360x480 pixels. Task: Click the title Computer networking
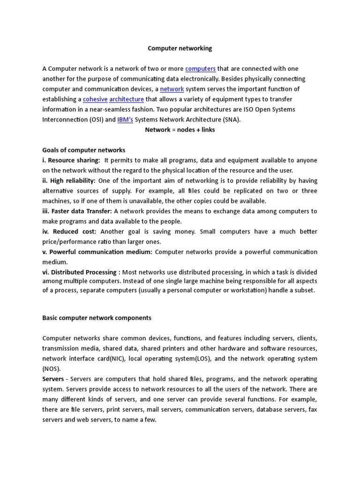(x=180, y=48)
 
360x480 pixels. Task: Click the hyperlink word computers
(x=200, y=69)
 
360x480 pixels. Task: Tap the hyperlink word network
(x=172, y=89)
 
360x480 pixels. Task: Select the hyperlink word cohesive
(x=95, y=99)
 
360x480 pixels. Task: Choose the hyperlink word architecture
(x=127, y=99)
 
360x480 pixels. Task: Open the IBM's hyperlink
(x=125, y=120)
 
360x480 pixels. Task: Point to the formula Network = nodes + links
(x=180, y=130)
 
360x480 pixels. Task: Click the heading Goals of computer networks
(x=84, y=150)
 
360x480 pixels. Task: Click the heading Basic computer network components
(x=97, y=318)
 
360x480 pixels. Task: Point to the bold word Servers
(x=53, y=379)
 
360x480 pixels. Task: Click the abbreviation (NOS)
(x=52, y=368)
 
